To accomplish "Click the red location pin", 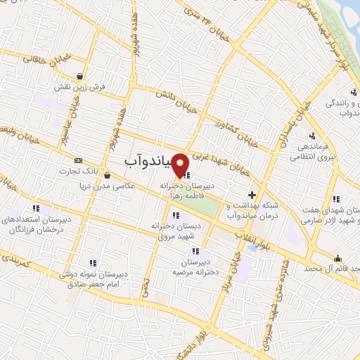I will [181, 164].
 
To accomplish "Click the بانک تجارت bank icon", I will [78, 161].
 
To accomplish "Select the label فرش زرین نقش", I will [79, 88].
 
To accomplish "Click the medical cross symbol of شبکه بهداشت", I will [252, 194].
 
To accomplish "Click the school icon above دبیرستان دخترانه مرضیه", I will [196, 251].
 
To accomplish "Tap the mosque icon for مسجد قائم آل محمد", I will [338, 258].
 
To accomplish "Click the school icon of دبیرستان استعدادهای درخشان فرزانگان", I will [36, 208].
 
